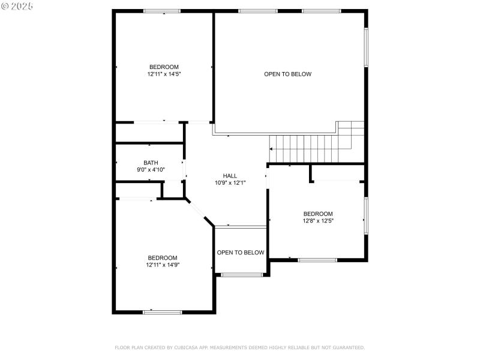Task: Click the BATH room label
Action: (x=151, y=163)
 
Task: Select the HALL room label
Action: (x=230, y=176)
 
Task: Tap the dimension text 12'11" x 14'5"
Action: (x=164, y=74)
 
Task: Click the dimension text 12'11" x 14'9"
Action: (x=163, y=265)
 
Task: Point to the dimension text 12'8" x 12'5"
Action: (x=317, y=221)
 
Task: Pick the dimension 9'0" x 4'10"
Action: (x=151, y=170)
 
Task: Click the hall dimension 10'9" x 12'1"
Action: (x=230, y=183)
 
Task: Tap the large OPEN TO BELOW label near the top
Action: (x=287, y=74)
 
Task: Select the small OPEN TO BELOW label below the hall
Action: (x=240, y=253)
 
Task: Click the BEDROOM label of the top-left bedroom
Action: (x=164, y=67)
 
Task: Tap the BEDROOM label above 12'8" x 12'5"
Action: (x=317, y=214)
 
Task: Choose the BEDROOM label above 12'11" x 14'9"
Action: (x=163, y=257)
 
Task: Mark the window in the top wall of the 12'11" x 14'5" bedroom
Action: (x=162, y=11)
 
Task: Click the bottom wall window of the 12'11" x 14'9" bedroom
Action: (x=162, y=312)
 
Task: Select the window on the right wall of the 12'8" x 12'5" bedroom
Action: (x=365, y=214)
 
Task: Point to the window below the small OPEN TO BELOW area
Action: (x=242, y=275)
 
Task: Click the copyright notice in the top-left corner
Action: (x=17, y=5)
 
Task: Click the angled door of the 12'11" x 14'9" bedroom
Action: (x=199, y=212)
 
